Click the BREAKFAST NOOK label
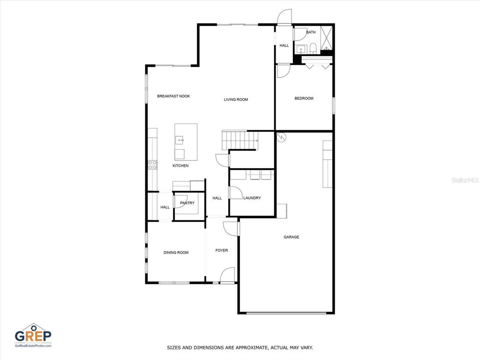pos(173,96)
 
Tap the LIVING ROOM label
pos(236,99)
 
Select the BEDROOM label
pos(304,98)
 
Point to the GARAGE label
pos(292,237)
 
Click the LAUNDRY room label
pos(252,198)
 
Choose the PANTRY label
pos(187,203)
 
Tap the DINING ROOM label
pos(176,253)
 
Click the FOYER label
pos(222,250)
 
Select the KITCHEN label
pos(180,165)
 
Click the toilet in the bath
pos(313,48)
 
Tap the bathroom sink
pos(301,49)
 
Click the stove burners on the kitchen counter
pos(152,165)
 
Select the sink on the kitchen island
pos(180,140)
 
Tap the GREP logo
pos(33,335)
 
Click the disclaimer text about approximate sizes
pos(240,347)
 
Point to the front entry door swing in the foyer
pos(227,275)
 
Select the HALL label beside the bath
pos(284,45)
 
